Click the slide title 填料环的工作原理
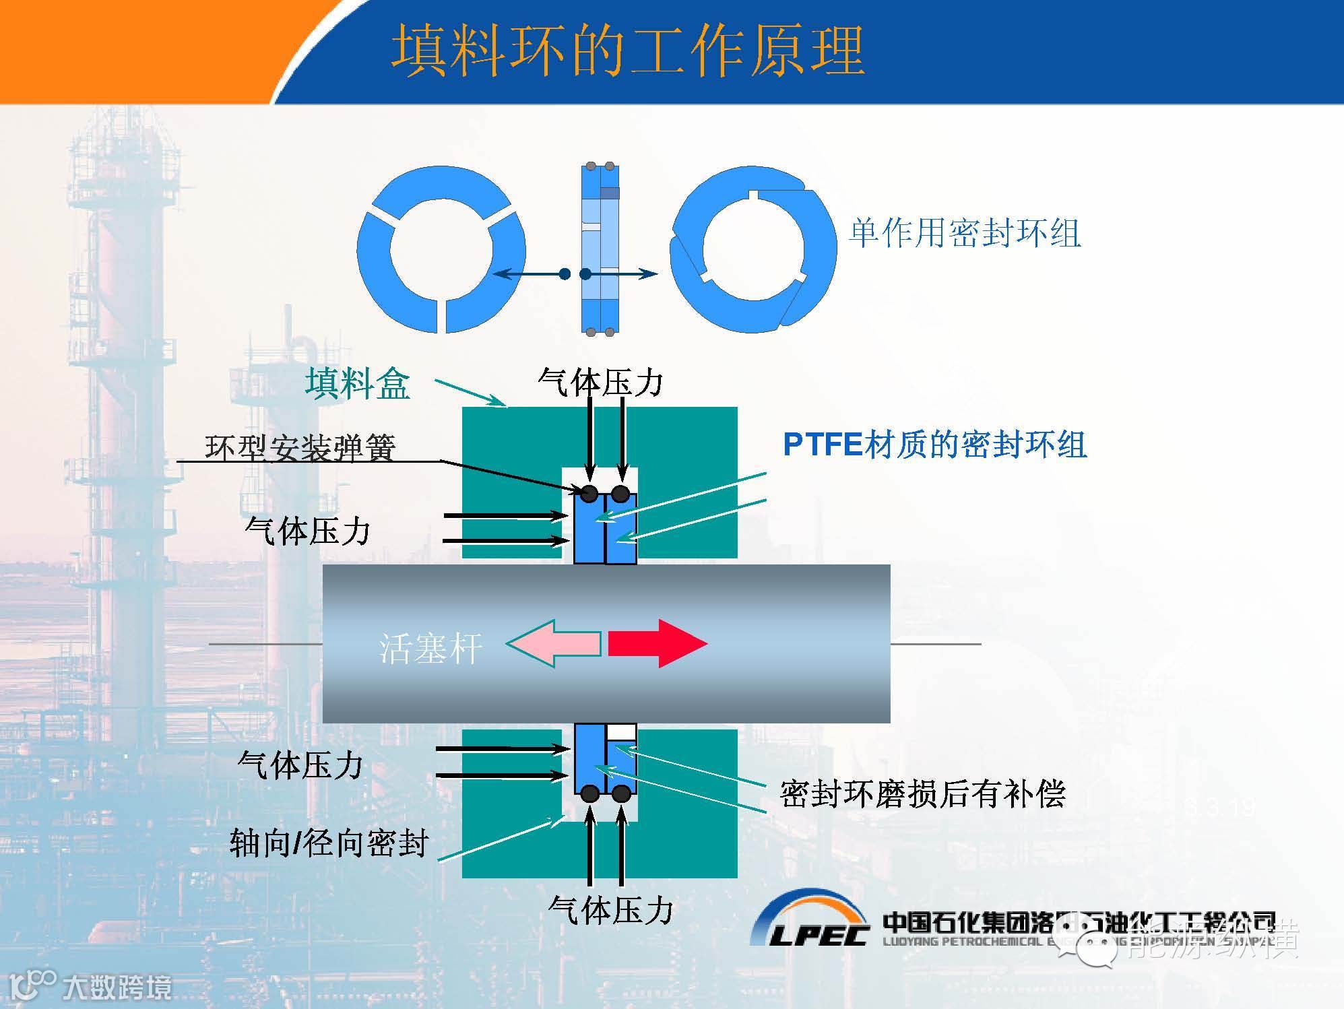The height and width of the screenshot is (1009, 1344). click(x=628, y=51)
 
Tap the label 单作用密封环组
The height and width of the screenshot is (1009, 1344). click(x=965, y=234)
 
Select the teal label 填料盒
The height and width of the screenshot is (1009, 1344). click(x=358, y=383)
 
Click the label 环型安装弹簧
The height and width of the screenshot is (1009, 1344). click(x=300, y=447)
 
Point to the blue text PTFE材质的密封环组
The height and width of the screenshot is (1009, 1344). click(x=935, y=445)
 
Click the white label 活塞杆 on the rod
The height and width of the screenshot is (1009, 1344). click(x=430, y=649)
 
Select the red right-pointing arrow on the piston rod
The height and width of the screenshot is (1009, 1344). click(x=657, y=643)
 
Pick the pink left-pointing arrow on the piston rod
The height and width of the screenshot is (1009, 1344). click(x=554, y=643)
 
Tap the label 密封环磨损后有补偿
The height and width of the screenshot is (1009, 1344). click(x=922, y=793)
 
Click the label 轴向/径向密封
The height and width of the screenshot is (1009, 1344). click(x=329, y=843)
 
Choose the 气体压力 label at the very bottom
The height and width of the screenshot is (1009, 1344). click(x=610, y=910)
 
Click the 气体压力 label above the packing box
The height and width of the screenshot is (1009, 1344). click(x=600, y=382)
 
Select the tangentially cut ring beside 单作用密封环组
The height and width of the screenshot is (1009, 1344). click(x=753, y=249)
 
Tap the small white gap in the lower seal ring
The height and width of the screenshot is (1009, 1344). click(x=620, y=731)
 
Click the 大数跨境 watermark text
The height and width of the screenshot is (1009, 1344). click(x=117, y=988)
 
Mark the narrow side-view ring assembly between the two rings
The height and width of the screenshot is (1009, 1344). click(x=600, y=249)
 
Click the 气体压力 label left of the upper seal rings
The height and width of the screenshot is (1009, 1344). click(x=308, y=530)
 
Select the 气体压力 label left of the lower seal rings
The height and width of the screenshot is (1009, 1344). click(x=300, y=765)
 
